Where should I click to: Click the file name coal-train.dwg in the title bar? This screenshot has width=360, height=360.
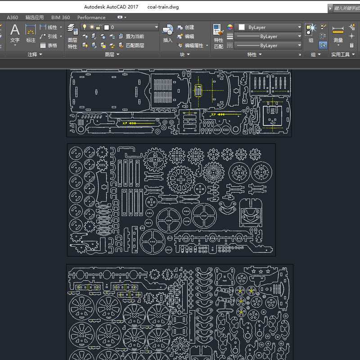click(163, 7)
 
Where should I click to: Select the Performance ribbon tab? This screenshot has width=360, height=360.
click(91, 18)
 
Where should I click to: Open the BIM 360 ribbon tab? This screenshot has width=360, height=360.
click(61, 18)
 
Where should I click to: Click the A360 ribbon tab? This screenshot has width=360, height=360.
click(13, 18)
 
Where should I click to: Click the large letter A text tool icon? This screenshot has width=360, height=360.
click(15, 30)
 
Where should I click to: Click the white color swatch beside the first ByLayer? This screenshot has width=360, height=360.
click(242, 27)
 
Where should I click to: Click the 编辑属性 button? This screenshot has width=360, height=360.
click(191, 45)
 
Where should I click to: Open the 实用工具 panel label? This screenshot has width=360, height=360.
click(343, 54)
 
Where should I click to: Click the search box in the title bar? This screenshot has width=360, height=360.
click(346, 8)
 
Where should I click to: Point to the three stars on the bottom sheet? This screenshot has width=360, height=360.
click(261, 272)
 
